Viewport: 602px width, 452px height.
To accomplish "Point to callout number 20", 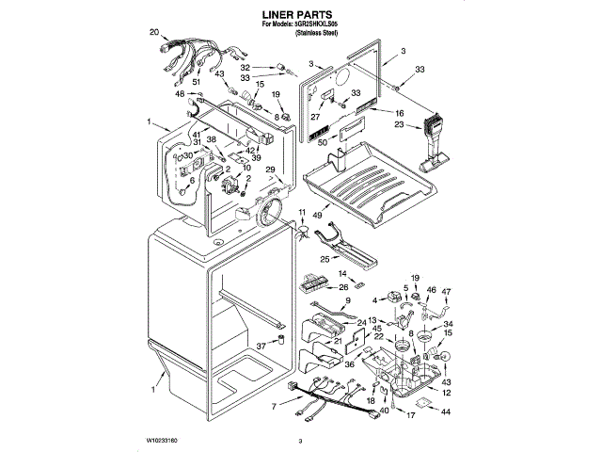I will [x=154, y=33].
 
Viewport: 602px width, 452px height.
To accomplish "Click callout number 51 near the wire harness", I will [x=197, y=83].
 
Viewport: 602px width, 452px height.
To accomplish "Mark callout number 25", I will [x=325, y=259].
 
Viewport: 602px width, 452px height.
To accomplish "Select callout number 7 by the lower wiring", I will [x=274, y=407].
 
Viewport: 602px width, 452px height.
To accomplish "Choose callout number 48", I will [x=179, y=94].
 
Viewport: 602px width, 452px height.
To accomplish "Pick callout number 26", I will [x=343, y=286].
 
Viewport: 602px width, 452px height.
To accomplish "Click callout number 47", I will [x=447, y=292].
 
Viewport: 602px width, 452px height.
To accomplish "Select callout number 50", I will [x=322, y=141].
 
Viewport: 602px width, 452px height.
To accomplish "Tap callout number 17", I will [x=410, y=414].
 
